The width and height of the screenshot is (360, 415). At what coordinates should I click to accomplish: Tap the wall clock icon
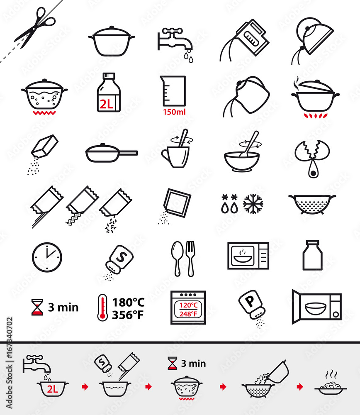pyautogui.click(x=47, y=257)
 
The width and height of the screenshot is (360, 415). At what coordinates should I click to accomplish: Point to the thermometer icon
pyautogui.click(x=102, y=308)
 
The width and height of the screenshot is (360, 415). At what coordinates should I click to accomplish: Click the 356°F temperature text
pyautogui.click(x=128, y=315)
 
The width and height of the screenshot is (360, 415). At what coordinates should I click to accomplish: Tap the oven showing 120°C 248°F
pyautogui.click(x=188, y=308)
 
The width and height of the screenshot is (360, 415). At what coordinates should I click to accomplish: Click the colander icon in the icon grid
pyautogui.click(x=312, y=203)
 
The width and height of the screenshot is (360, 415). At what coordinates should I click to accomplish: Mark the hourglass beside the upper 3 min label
pyautogui.click(x=37, y=308)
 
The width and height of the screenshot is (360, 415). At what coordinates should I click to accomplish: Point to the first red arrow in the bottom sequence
pyautogui.click(x=85, y=387)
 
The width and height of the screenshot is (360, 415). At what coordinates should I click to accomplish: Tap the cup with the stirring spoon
pyautogui.click(x=176, y=153)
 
